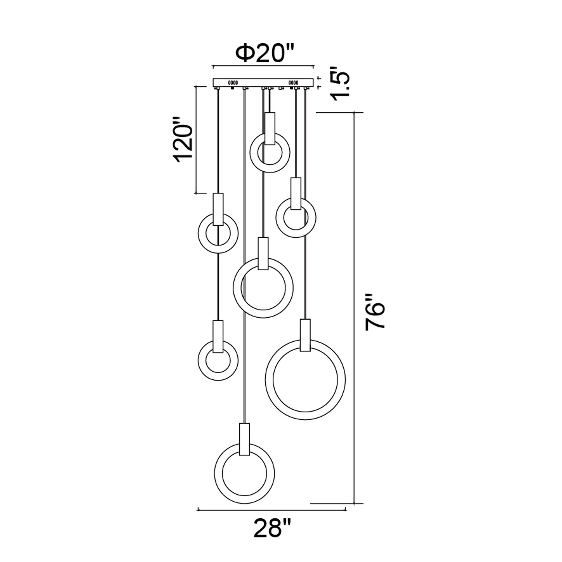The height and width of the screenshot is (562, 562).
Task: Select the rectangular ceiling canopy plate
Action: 264,82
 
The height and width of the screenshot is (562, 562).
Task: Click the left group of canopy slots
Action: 233,82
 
